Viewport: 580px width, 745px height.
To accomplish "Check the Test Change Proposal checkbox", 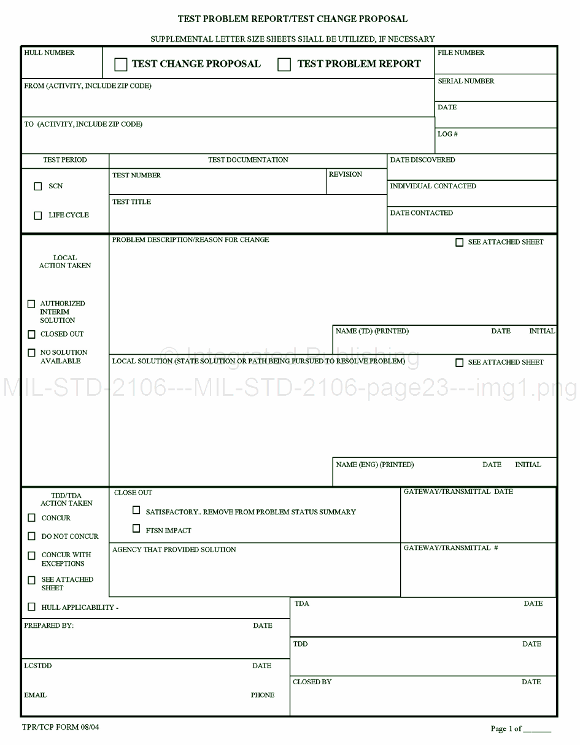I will [121, 64].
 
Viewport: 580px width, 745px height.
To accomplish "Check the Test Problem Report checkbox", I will [284, 64].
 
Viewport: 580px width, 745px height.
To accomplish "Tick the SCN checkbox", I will [38, 187].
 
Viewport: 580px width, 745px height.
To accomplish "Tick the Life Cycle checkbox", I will [38, 215].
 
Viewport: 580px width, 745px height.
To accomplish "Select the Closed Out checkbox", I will [31, 334].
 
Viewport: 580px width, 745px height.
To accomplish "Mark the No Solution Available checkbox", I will [31, 353].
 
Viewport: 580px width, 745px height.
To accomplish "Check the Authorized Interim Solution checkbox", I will [31, 304].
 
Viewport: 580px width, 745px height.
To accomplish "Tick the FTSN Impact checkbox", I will [136, 528].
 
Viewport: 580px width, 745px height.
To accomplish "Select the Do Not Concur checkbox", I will [31, 536].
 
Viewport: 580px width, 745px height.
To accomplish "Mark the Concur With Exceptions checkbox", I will [31, 555].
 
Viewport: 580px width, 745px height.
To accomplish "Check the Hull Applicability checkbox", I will [31, 607].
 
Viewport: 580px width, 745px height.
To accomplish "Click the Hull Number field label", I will [49, 53].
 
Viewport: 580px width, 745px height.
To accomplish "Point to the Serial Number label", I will [466, 81].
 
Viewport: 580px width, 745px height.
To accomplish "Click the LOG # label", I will [447, 134].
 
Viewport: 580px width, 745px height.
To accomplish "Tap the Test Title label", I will [131, 202].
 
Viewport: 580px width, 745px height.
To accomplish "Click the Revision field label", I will [346, 174].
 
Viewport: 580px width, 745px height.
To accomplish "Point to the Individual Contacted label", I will [433, 186].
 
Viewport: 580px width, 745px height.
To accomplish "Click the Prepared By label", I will [48, 625].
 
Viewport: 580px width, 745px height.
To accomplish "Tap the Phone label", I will [263, 695].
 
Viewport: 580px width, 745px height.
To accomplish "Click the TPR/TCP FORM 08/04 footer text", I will [60, 728].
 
